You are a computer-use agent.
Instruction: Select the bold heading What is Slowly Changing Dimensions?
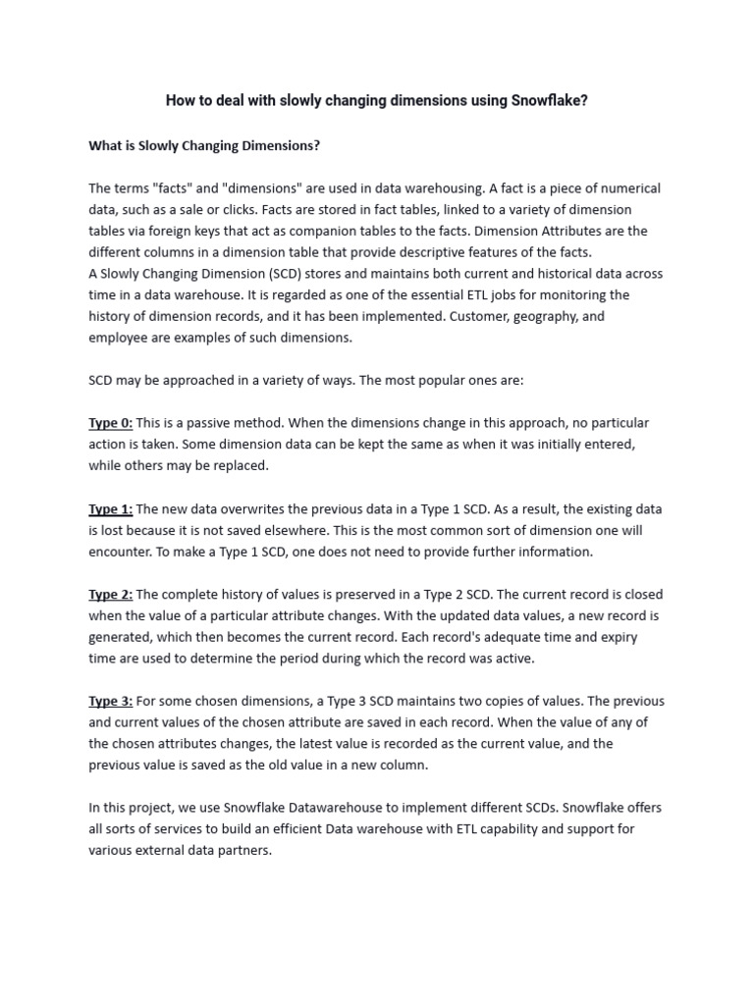(x=204, y=145)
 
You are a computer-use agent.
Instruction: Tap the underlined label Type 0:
(x=110, y=423)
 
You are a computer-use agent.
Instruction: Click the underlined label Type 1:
(x=110, y=509)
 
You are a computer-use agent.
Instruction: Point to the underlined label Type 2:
(x=110, y=595)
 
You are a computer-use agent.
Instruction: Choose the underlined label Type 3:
(x=110, y=702)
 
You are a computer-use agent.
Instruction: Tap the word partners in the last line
(x=243, y=851)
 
